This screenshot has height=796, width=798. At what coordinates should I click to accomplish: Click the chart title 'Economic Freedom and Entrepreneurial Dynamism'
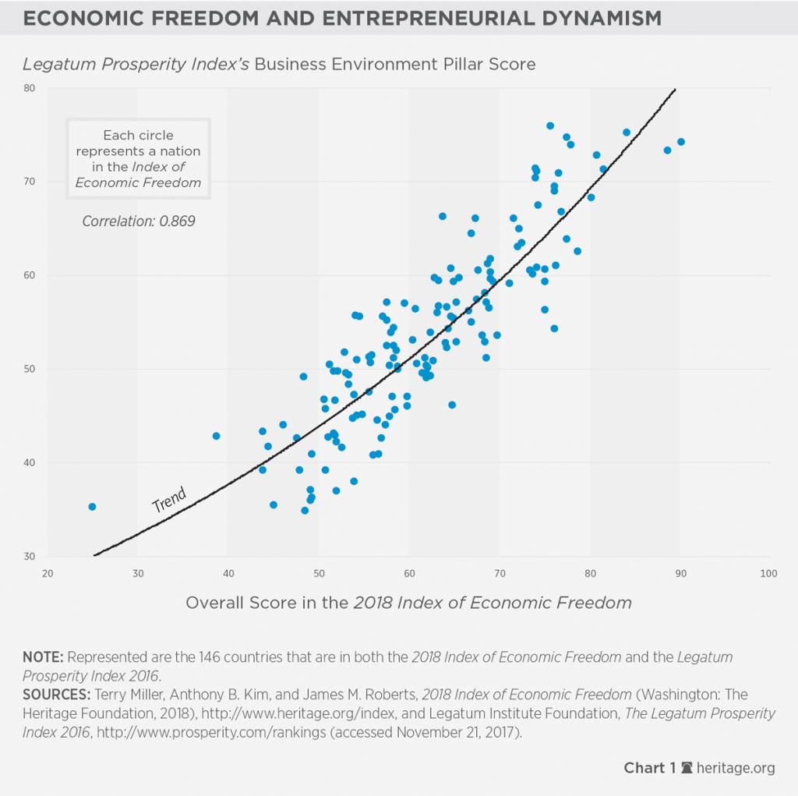pos(343,19)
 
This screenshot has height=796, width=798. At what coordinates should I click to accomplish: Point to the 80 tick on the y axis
pos(30,88)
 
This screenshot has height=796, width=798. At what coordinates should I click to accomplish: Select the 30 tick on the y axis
pos(30,557)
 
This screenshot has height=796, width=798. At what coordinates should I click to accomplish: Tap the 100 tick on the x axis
pos(768,574)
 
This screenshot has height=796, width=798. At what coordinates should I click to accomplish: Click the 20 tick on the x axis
pos(48,574)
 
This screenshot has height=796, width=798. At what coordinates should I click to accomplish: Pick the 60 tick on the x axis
pos(408,574)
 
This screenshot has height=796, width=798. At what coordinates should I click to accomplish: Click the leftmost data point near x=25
pos(92,507)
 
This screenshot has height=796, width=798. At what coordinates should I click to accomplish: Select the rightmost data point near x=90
pos(680,142)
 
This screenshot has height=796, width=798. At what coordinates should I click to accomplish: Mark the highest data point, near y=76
pos(550,126)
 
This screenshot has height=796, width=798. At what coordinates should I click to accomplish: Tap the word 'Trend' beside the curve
pos(168,500)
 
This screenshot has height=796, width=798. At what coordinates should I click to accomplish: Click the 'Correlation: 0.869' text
pos(139,221)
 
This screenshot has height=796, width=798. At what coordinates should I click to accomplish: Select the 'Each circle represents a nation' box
pos(139,158)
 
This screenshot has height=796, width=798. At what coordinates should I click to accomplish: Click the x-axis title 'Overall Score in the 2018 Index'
pos(408,603)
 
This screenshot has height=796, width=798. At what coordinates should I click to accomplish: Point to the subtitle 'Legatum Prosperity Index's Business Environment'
pos(280,64)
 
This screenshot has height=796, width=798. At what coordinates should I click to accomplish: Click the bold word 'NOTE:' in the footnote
pos(41,657)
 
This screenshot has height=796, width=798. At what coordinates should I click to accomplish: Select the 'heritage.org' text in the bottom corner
pos(736,769)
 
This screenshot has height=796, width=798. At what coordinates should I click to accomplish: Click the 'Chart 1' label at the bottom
pos(644,769)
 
